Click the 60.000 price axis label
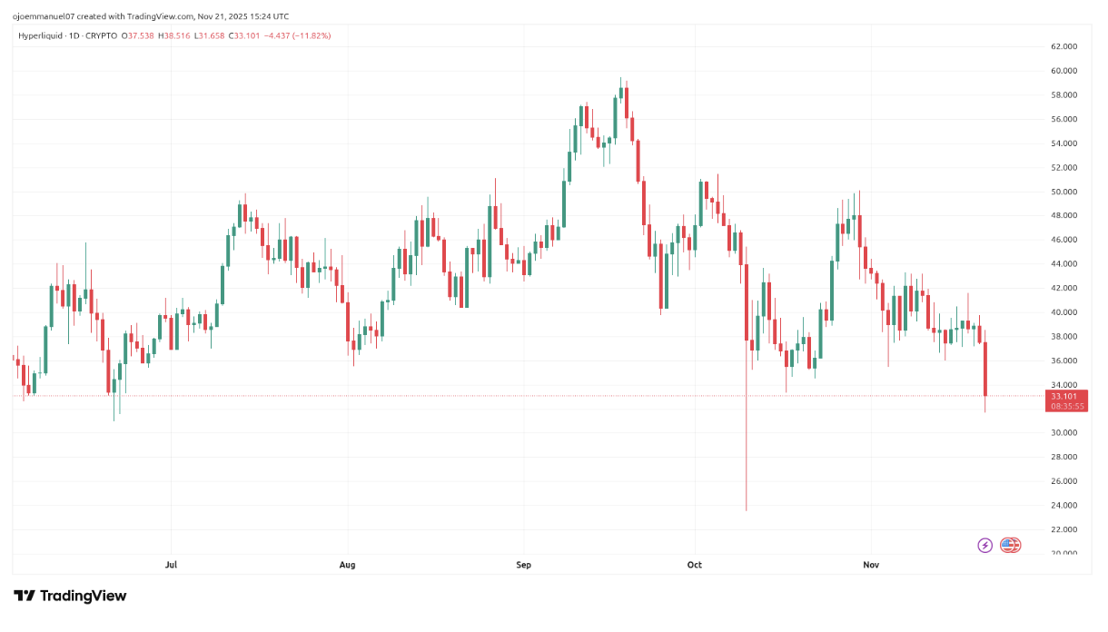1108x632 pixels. [1063, 71]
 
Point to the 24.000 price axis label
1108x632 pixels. [1063, 505]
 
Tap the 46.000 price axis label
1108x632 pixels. [1063, 240]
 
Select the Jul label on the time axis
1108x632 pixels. [171, 565]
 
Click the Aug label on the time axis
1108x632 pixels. [347, 565]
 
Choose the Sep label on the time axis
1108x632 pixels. [523, 565]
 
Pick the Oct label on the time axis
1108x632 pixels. [695, 565]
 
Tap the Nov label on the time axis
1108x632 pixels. [871, 565]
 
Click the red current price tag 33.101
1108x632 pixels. [1064, 396]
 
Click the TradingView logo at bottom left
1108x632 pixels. [70, 596]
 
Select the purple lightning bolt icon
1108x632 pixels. [984, 545]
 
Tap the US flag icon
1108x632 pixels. [1010, 545]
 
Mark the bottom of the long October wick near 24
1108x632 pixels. [747, 509]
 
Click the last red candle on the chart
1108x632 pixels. [985, 369]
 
